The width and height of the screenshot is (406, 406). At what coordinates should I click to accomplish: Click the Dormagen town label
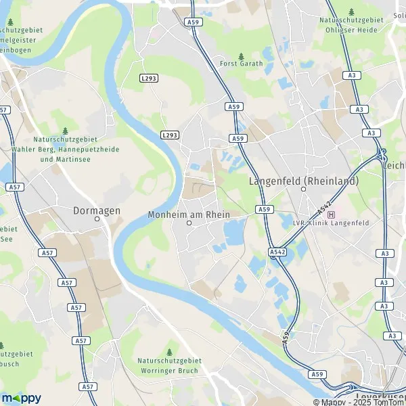pos(97,210)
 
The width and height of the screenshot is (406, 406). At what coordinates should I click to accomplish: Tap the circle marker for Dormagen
pos(97,219)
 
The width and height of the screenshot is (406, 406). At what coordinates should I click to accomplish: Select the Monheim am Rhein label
pos(189,215)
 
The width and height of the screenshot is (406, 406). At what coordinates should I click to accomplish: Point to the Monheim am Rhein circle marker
pos(189,223)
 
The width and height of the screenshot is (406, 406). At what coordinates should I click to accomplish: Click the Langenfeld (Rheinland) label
pos(304,181)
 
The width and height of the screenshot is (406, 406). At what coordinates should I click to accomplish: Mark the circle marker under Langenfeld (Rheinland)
pos(304,189)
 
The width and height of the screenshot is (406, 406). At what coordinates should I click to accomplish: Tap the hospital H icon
pos(331,215)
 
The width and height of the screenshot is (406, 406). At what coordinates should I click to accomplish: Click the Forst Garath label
pos(242,64)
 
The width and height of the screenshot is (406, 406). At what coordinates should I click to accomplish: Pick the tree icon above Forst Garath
pos(242,55)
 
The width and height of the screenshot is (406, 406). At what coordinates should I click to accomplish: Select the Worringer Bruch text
pos(169,370)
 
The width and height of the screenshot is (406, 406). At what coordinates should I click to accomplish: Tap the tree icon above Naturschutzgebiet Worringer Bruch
pos(169,353)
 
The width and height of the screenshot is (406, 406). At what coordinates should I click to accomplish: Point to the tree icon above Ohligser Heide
pos(351,12)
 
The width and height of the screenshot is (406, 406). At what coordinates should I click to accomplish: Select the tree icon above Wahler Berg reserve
pos(65,131)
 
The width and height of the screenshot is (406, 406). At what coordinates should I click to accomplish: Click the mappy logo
pos(21,398)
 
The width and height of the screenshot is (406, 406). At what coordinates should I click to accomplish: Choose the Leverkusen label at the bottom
pos(380,395)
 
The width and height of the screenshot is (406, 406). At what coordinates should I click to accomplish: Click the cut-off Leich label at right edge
pos(394,164)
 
